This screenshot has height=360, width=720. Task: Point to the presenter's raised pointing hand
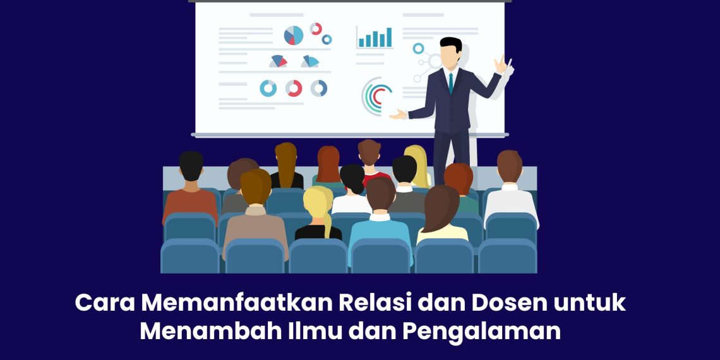click(x=501, y=64)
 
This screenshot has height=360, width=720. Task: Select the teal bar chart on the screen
click(x=375, y=38)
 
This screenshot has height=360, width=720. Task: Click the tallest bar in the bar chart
click(x=388, y=37)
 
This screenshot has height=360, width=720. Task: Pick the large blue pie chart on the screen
click(x=294, y=35)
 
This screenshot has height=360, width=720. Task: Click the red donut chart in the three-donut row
click(x=294, y=88)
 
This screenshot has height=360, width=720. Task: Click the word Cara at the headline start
click(x=104, y=303)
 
